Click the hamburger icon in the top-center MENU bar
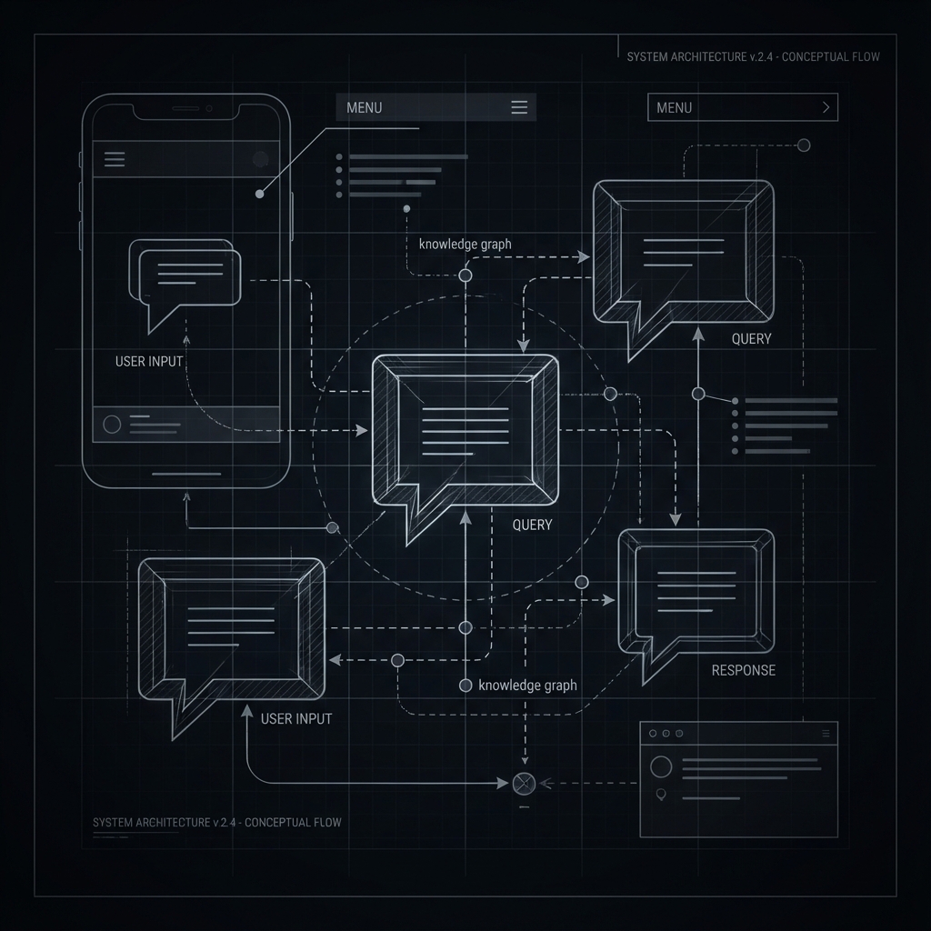click(x=519, y=107)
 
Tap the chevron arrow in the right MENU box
click(x=826, y=107)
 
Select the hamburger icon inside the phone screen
click(x=115, y=159)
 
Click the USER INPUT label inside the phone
click(x=149, y=361)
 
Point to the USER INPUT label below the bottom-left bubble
click(x=296, y=718)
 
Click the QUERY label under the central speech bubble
click(x=532, y=525)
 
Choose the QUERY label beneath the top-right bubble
click(x=751, y=339)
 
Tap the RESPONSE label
click(x=743, y=670)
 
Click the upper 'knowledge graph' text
click(x=465, y=244)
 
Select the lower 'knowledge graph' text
click(x=527, y=686)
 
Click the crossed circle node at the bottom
click(x=522, y=782)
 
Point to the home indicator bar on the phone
click(x=186, y=474)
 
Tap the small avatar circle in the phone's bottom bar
click(x=113, y=424)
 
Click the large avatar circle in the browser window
click(x=661, y=766)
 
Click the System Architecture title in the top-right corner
click(x=753, y=57)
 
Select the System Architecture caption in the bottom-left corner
click(x=217, y=822)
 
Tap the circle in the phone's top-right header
click(x=261, y=159)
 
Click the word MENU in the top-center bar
click(x=365, y=107)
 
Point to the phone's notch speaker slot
click(x=185, y=108)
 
